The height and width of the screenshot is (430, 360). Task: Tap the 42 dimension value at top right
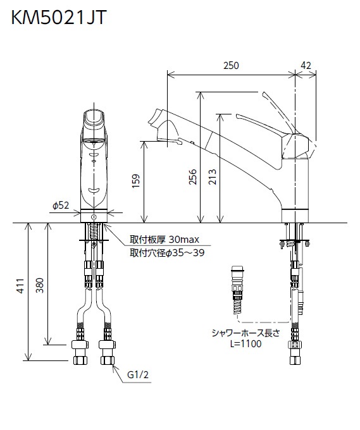click(306, 65)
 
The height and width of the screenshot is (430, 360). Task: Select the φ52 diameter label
click(60, 206)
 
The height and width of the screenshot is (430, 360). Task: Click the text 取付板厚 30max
click(164, 240)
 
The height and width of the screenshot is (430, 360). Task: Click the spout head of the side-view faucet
click(161, 126)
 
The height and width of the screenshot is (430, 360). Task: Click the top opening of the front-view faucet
click(95, 116)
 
